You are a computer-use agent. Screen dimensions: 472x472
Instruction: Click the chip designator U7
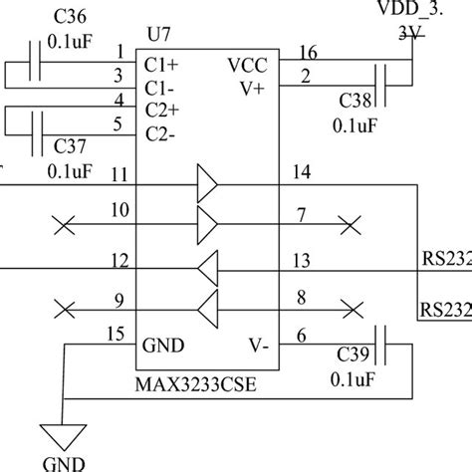(156, 35)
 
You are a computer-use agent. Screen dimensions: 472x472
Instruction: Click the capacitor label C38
(356, 101)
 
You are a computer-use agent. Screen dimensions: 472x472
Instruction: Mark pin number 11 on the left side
(118, 174)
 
